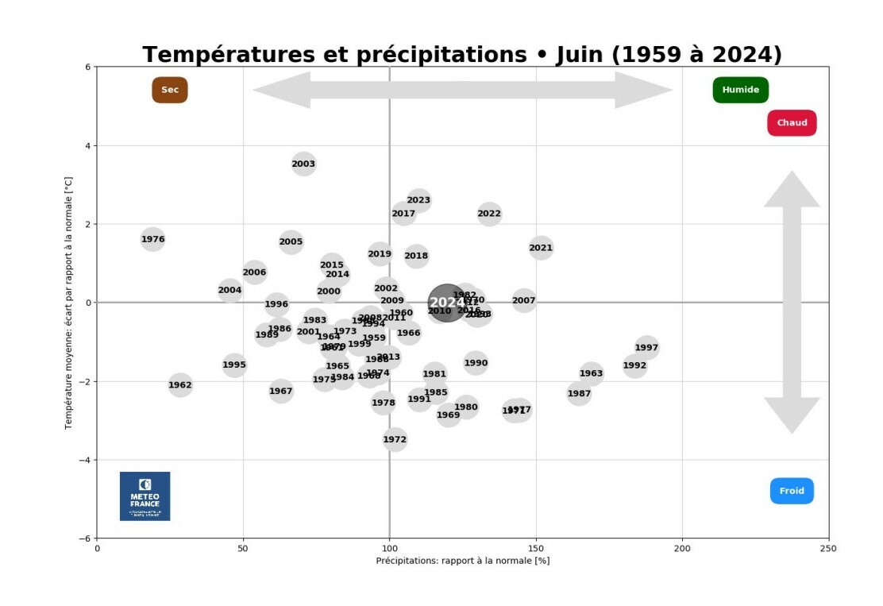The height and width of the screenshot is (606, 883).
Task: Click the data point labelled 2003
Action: pos(303,164)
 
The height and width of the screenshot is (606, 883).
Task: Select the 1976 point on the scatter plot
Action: pos(152,239)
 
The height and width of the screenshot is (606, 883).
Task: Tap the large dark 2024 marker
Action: pos(446,303)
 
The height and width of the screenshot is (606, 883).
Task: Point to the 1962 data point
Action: pos(180,385)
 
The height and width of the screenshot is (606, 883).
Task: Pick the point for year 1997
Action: pos(646,348)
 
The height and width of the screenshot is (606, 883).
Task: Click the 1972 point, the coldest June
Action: pos(395,439)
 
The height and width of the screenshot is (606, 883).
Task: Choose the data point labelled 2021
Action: pos(541,248)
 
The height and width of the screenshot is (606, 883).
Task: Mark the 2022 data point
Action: pos(489,214)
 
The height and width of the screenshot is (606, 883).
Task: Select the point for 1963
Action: pos(591,373)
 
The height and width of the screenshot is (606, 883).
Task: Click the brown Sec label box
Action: pos(170,90)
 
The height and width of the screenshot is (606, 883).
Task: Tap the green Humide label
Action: pos(740,90)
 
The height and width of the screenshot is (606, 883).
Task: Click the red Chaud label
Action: pos(792,123)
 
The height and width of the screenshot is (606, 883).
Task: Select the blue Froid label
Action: pos(792,491)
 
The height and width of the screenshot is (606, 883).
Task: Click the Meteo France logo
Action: pos(145,496)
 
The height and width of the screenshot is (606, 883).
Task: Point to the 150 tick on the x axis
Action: pos(536,548)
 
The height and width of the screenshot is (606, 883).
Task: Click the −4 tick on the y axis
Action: pos(85,461)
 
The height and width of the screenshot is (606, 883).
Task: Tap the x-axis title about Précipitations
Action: pos(462,561)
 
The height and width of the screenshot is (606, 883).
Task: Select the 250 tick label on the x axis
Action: pos(828,548)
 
